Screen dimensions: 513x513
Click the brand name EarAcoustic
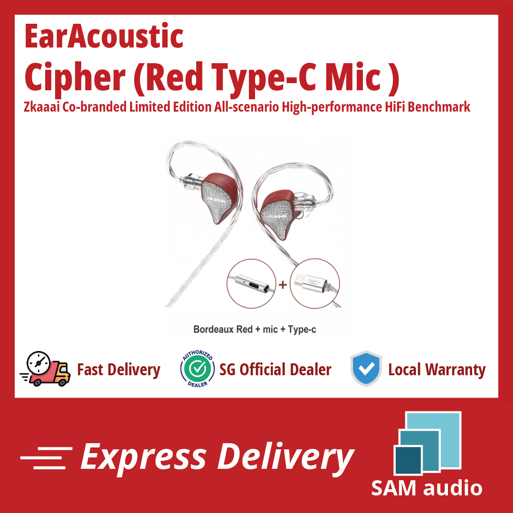(104, 36)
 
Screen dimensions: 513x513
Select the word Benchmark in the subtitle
(439, 107)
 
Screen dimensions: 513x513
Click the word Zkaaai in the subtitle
(42, 107)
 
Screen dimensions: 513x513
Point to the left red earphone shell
(218, 198)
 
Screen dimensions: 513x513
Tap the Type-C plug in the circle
(310, 283)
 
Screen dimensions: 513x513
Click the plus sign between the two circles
(283, 285)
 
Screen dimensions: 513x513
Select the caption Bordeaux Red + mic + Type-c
(255, 329)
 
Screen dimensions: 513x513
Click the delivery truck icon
(46, 369)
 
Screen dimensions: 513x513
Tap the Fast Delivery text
(118, 370)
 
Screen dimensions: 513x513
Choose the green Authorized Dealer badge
(198, 369)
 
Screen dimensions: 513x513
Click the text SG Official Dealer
(275, 370)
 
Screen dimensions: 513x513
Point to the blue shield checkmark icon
(366, 369)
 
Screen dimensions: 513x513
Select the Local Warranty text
(437, 370)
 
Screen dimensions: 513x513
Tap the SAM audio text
(427, 488)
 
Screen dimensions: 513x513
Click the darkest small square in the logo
(408, 460)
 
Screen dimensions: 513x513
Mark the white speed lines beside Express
(46, 458)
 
